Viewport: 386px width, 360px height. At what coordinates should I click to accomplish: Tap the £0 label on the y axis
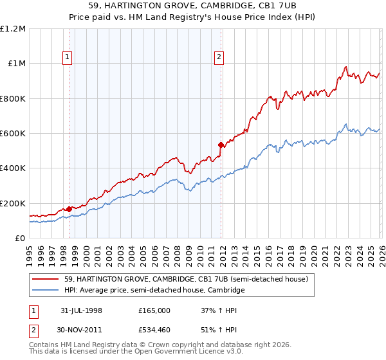pos(20,239)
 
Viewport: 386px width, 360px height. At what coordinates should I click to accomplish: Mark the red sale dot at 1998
pos(69,209)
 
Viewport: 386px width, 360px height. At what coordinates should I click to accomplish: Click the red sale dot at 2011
pos(221,145)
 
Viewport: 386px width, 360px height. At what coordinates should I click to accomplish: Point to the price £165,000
pos(154,310)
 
